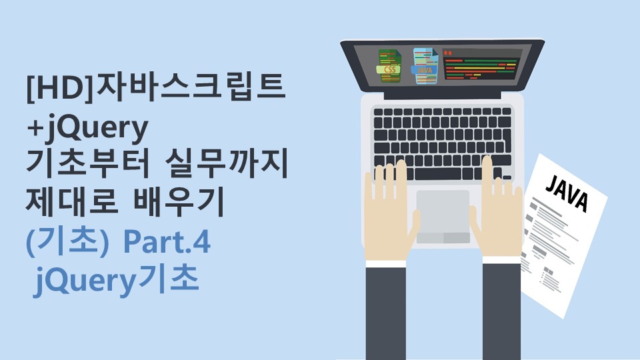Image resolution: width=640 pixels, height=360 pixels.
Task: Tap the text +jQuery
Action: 87,129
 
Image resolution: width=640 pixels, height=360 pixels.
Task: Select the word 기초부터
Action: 88,164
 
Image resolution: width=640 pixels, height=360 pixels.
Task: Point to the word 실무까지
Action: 227,164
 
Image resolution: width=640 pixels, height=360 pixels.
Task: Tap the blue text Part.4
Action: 167,241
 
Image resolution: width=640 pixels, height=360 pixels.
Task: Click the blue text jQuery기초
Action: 116,281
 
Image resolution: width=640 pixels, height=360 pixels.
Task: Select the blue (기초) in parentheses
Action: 68,241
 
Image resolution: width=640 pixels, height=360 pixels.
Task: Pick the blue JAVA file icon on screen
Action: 425,66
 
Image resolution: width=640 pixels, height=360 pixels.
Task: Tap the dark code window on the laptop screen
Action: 481,65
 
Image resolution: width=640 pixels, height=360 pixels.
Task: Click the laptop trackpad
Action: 443,217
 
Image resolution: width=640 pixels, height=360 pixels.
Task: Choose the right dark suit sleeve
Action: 501,311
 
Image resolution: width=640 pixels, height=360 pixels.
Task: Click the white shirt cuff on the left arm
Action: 386,263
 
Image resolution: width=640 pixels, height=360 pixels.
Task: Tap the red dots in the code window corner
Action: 448,53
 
